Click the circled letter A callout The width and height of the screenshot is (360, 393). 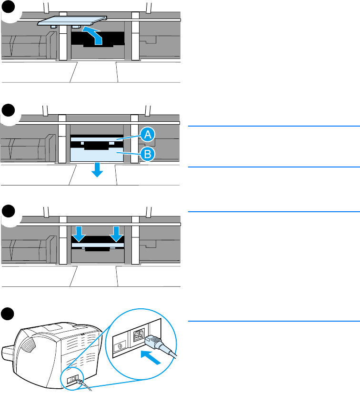148,136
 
